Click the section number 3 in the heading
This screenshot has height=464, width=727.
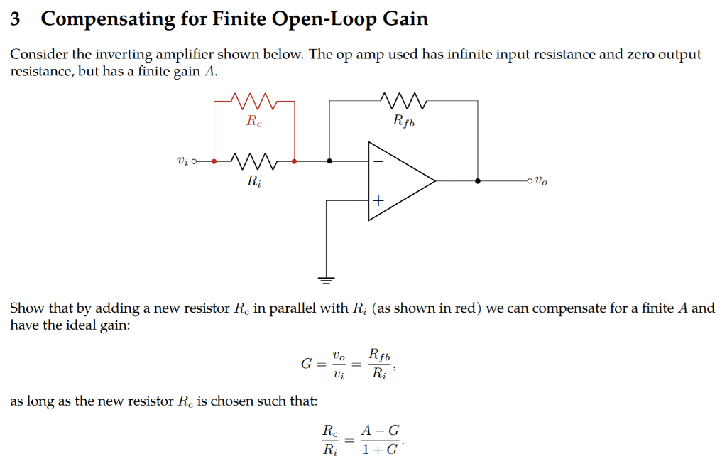pyautogui.click(x=16, y=19)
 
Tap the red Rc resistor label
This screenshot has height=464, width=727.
pyautogui.click(x=253, y=121)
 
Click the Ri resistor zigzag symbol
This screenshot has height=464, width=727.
pyautogui.click(x=253, y=161)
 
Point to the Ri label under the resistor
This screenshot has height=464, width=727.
pyautogui.click(x=253, y=182)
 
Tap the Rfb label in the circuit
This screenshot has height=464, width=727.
pyautogui.click(x=404, y=122)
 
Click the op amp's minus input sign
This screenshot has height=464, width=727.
pyautogui.click(x=378, y=162)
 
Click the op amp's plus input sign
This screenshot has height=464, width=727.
pyautogui.click(x=378, y=202)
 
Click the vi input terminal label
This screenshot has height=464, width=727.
pyautogui.click(x=183, y=161)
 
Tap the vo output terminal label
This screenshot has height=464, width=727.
pyautogui.click(x=541, y=181)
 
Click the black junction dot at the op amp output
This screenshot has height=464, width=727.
pyautogui.click(x=478, y=181)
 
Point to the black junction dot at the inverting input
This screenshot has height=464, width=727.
pyautogui.click(x=329, y=161)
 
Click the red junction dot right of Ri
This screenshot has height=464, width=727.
pyautogui.click(x=294, y=161)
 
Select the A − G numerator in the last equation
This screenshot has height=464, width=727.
pyautogui.click(x=380, y=430)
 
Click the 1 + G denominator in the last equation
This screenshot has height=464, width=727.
pyautogui.click(x=380, y=450)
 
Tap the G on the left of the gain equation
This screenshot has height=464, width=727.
pyautogui.click(x=307, y=365)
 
